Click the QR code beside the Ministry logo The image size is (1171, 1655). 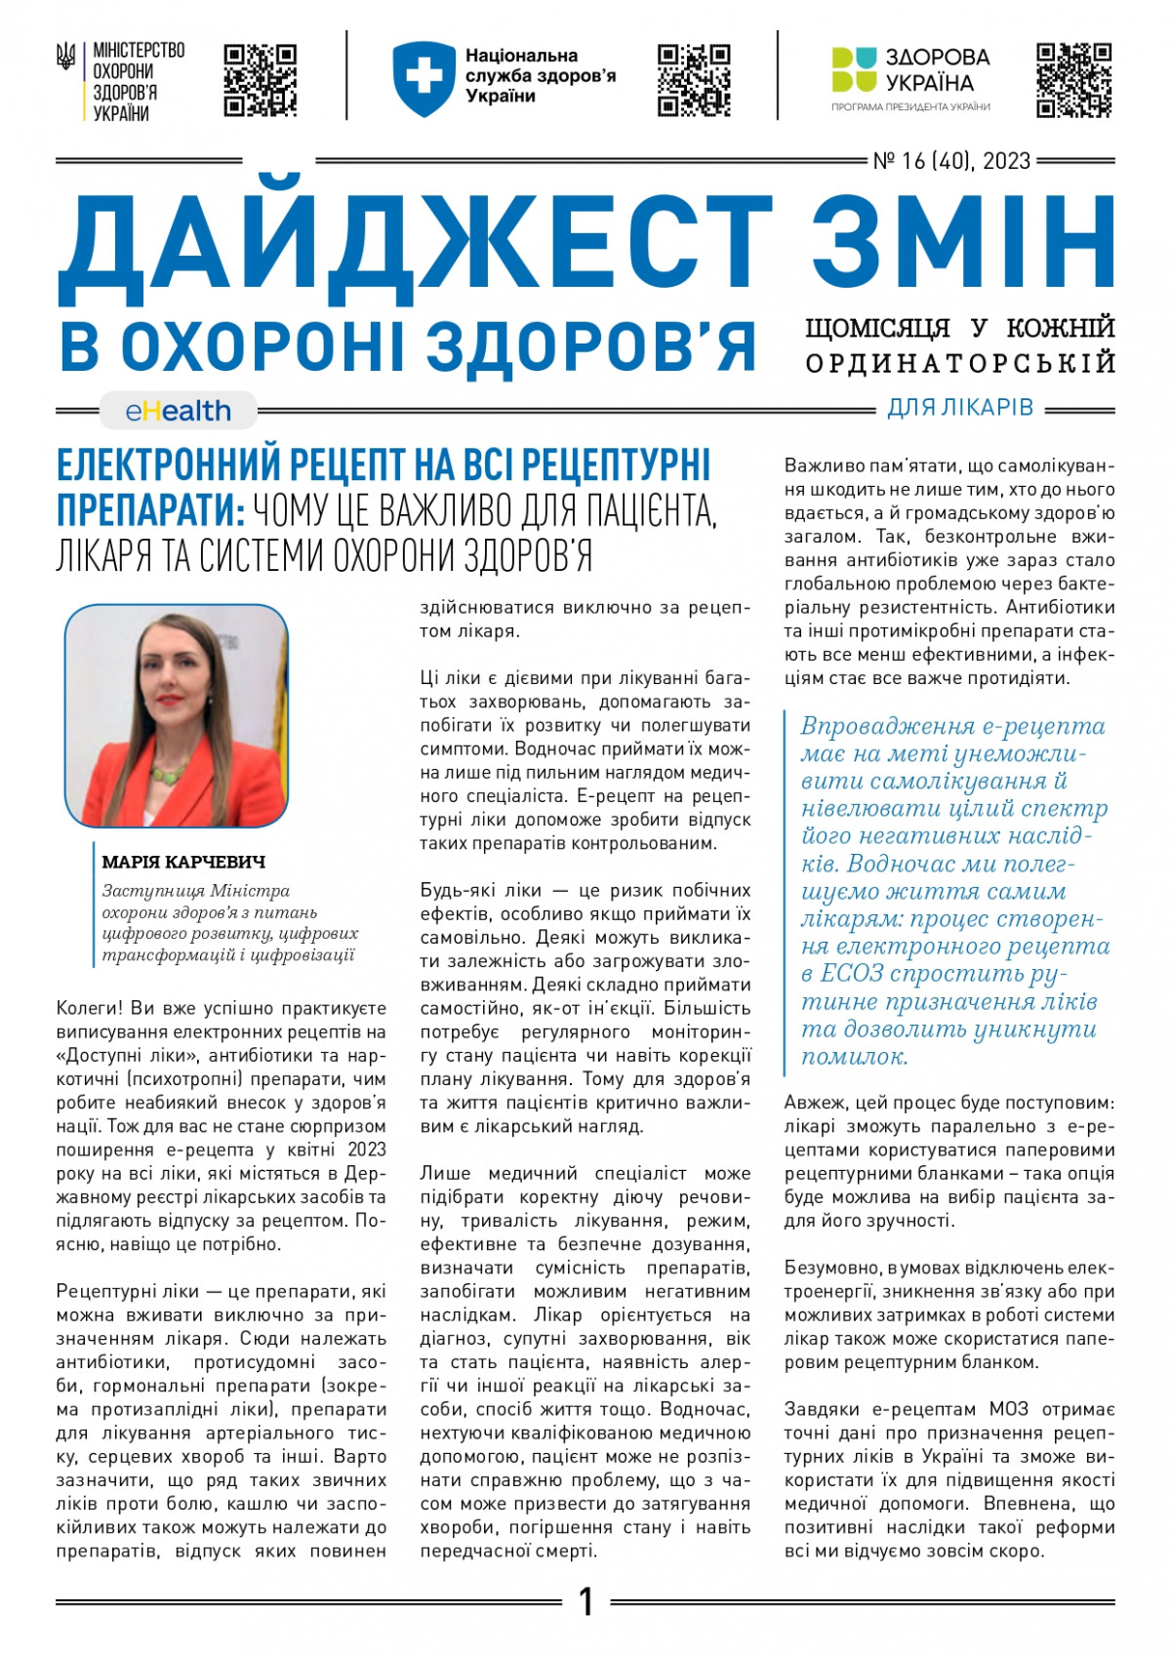pos(261,80)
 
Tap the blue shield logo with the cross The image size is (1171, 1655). pos(424,78)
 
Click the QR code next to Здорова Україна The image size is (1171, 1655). pos(1073,80)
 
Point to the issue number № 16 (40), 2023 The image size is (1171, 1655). pos(951,161)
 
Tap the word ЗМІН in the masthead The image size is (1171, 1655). pos(962,244)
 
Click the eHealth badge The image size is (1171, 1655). pos(179,411)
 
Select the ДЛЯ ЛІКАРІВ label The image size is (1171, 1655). pos(960,408)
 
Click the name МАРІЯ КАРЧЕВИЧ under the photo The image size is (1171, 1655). pos(183,862)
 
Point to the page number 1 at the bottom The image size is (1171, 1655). pos(585,1601)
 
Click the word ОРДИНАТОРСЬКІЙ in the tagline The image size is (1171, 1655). pos(960,363)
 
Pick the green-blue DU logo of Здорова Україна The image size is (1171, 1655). pos(854,69)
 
